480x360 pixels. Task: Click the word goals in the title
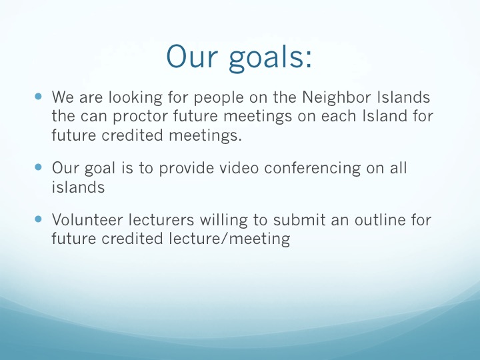(x=270, y=58)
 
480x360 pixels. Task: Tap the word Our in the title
(x=192, y=56)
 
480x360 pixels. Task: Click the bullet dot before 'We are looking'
(x=38, y=97)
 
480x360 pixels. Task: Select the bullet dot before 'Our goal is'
(x=38, y=167)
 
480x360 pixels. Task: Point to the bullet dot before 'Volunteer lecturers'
(x=38, y=219)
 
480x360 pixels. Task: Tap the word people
(x=219, y=98)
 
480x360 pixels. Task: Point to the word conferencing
(x=313, y=169)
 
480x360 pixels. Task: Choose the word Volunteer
(x=87, y=220)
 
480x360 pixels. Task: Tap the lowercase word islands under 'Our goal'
(x=78, y=187)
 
